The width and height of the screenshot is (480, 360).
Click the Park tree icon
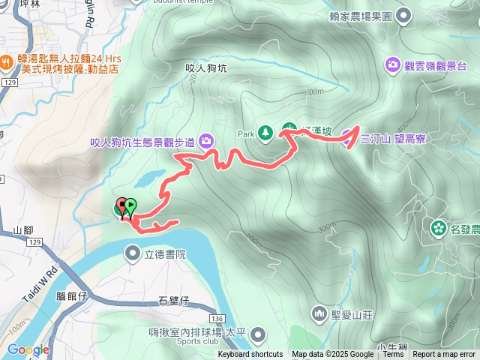click(x=265, y=133)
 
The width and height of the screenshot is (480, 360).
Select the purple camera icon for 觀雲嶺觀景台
click(x=393, y=64)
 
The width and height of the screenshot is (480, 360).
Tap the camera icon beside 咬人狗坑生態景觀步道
click(x=206, y=140)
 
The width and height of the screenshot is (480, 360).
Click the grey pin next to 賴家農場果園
click(x=403, y=14)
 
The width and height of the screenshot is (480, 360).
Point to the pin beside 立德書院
click(x=133, y=253)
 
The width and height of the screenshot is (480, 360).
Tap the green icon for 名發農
click(x=439, y=227)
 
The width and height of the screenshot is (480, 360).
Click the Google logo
click(x=28, y=349)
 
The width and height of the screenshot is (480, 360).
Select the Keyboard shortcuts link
click(x=250, y=355)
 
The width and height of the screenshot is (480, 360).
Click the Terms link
click(x=393, y=355)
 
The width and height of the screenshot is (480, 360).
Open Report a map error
click(x=444, y=355)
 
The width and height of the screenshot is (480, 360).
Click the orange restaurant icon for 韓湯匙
click(x=6, y=58)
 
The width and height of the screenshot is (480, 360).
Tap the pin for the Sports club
click(x=259, y=332)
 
